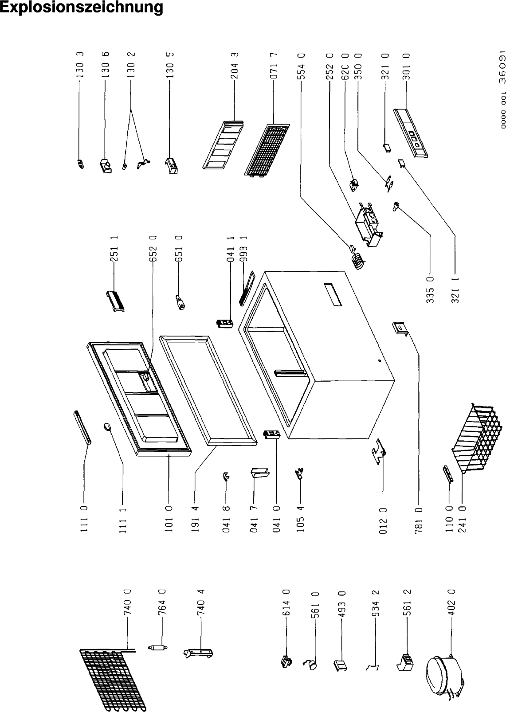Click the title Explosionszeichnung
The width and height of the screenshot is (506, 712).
point(82,8)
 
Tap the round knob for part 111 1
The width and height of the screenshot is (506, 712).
point(108,426)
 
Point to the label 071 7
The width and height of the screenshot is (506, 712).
point(274,66)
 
